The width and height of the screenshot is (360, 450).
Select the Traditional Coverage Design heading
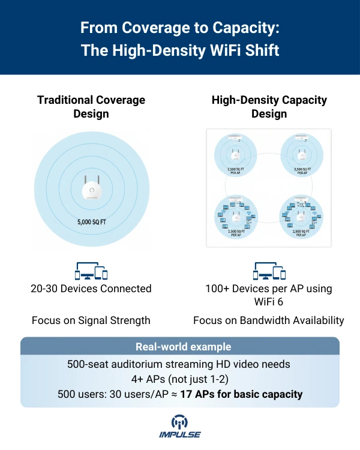pyautogui.click(x=91, y=107)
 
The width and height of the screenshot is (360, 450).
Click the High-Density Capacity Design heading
pyautogui.click(x=269, y=107)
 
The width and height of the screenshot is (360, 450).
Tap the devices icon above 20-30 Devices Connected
pyautogui.click(x=91, y=271)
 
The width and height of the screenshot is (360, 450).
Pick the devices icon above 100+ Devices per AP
pyautogui.click(x=269, y=271)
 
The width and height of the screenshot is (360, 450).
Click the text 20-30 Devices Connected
pyautogui.click(x=91, y=289)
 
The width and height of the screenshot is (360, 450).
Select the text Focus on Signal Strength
pyautogui.click(x=91, y=320)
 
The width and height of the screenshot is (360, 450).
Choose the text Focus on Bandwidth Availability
pyautogui.click(x=269, y=320)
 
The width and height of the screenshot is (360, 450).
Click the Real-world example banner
pyautogui.click(x=180, y=347)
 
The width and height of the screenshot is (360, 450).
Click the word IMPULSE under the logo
pyautogui.click(x=180, y=435)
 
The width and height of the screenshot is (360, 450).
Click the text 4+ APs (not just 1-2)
pyautogui.click(x=180, y=379)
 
